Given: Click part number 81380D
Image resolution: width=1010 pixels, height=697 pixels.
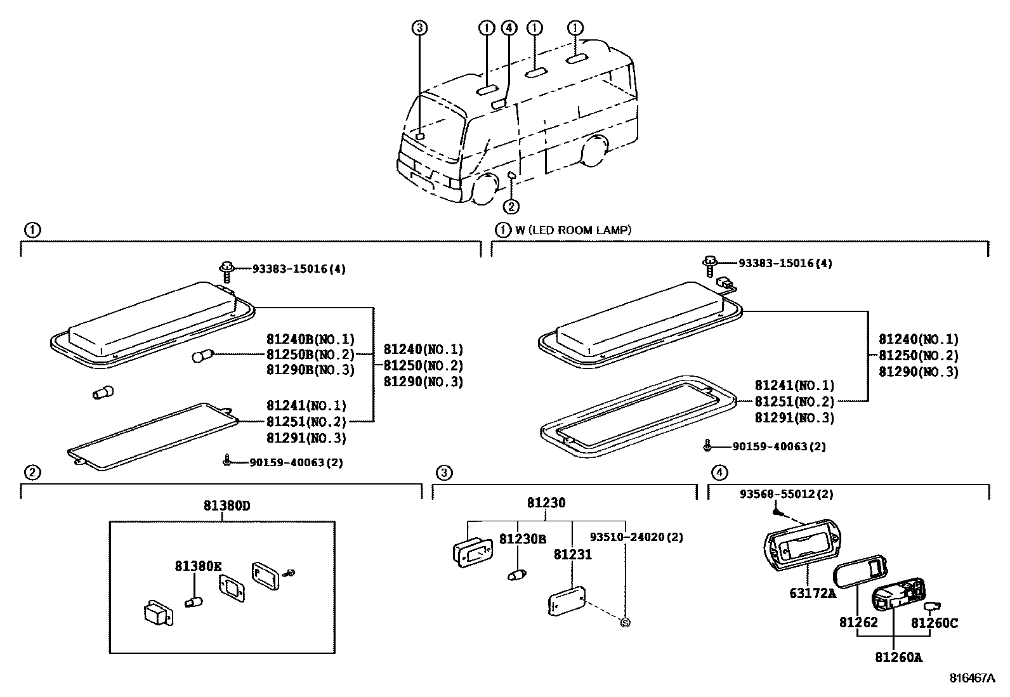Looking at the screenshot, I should pos(226,505).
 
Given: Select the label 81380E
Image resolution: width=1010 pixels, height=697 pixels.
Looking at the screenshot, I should pos(199,566).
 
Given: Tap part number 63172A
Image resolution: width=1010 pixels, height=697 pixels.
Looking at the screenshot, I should pos(813,593).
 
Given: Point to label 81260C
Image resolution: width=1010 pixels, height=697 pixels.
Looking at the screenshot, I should pos(934,623).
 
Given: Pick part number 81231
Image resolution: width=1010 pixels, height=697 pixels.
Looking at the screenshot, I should pos(572,555).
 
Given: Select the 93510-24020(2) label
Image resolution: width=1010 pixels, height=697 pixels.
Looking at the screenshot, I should pos(636,537).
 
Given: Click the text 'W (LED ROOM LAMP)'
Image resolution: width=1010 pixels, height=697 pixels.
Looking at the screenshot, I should pos(573,230).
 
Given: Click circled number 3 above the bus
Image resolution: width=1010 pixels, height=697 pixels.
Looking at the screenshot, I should pos(419,27).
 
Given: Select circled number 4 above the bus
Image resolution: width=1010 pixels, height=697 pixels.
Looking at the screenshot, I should pos(509,27).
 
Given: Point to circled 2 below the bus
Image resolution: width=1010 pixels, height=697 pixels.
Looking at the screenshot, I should pos(511,206).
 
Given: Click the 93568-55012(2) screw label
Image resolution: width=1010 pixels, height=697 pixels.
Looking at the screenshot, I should pos(785,493).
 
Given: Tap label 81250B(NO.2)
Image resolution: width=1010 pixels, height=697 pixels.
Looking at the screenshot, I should pos(310,355).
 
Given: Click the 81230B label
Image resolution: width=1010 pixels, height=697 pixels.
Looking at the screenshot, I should pos(522,540).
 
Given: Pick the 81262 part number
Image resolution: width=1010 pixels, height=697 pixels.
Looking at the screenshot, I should pos(858,623).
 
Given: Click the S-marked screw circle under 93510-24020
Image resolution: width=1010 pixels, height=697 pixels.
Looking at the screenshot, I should pos(625,623).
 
